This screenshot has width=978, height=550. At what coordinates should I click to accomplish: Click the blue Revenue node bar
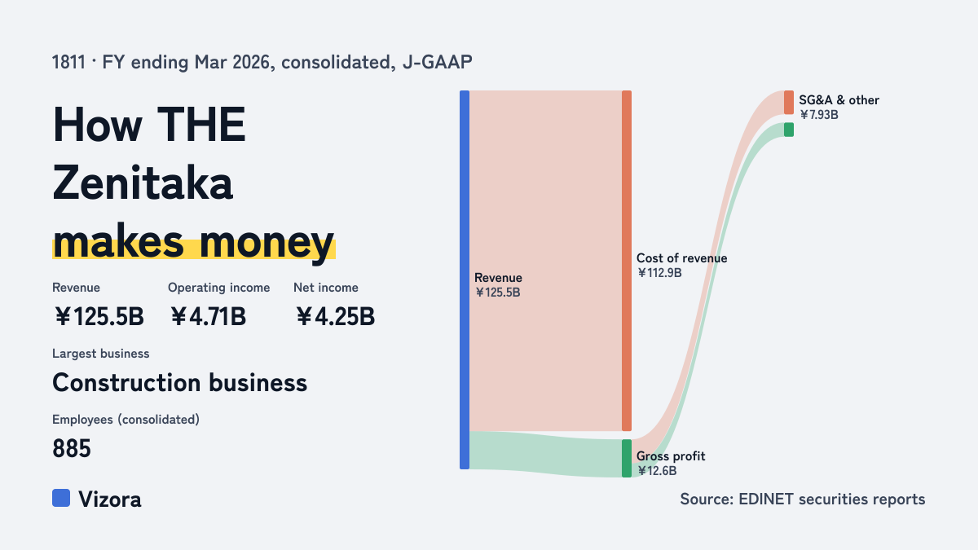pos(465,279)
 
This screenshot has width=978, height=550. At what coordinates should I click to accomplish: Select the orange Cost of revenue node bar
pos(627,261)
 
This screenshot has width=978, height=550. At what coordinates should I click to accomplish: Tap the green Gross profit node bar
pos(627,458)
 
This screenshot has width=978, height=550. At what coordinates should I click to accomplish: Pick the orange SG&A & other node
pos(789,103)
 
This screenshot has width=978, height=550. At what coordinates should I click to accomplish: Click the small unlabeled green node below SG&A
pos(789,130)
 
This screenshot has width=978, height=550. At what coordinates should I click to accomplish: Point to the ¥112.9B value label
pos(659,273)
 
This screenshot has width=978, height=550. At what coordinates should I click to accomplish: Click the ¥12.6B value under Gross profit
pos(657,471)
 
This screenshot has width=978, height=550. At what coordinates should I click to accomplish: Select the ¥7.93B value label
pos(818,115)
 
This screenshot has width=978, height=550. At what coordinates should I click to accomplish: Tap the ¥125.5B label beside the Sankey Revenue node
pos(498,293)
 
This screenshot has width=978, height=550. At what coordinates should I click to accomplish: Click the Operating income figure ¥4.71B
pos(208,316)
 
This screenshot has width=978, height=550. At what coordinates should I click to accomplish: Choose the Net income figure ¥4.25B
pos(335,316)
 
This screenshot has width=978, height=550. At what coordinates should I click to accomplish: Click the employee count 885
pos(72,448)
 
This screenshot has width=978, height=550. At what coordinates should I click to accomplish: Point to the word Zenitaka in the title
pos(143,183)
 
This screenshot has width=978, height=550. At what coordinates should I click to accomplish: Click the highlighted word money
pos(267,243)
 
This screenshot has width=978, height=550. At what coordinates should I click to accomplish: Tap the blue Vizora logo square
pos(61,498)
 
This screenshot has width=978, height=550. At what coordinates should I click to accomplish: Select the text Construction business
pos(180,383)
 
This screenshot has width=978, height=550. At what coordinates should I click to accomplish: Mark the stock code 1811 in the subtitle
pos(68,63)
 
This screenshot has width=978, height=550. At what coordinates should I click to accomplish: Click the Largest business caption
pos(101,354)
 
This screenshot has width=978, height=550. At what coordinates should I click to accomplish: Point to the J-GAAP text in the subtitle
pos(438,63)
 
